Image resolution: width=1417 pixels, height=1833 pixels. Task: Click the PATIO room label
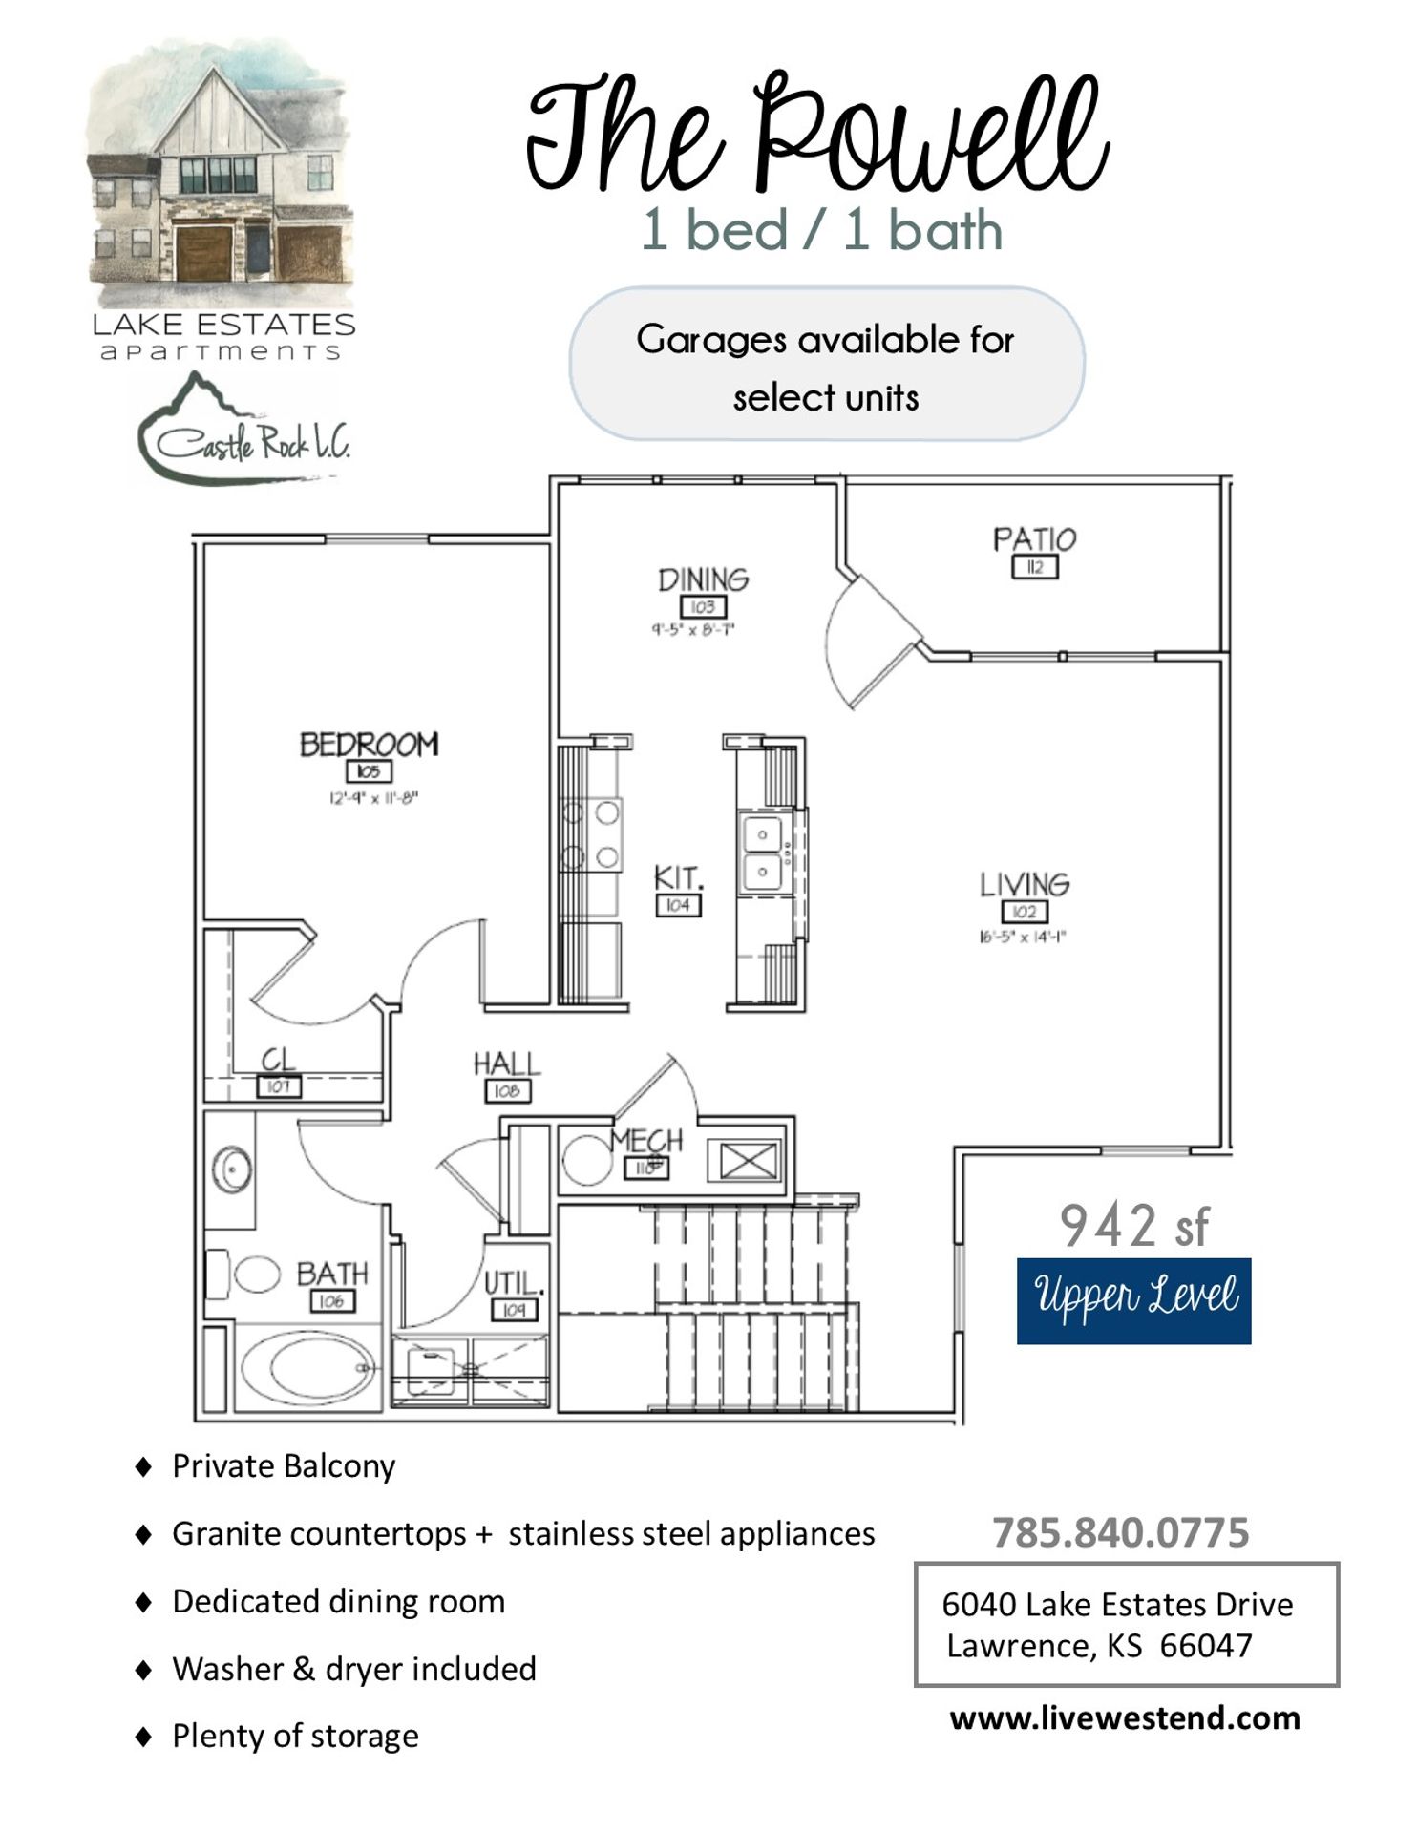point(1034,540)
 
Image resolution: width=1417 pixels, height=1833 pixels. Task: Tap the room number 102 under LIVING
point(1024,912)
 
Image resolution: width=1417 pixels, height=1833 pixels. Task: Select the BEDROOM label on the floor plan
point(370,745)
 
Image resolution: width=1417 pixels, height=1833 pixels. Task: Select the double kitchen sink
point(762,853)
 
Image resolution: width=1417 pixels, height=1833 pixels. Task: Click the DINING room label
point(703,579)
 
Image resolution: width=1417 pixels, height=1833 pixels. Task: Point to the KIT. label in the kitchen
point(678,877)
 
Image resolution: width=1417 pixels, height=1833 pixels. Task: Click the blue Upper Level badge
point(1133,1300)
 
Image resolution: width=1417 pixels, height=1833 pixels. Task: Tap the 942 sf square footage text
point(1133,1226)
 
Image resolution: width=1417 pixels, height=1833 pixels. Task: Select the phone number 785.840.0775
point(1120,1533)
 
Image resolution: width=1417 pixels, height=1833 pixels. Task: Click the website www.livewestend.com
point(1125,1718)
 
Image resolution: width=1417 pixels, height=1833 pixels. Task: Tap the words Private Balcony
point(284,1466)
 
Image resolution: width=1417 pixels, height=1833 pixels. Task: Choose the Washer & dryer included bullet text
point(354,1669)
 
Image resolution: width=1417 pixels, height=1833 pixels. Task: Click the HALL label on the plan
point(506,1064)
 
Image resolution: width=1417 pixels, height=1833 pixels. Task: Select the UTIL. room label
point(514,1282)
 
